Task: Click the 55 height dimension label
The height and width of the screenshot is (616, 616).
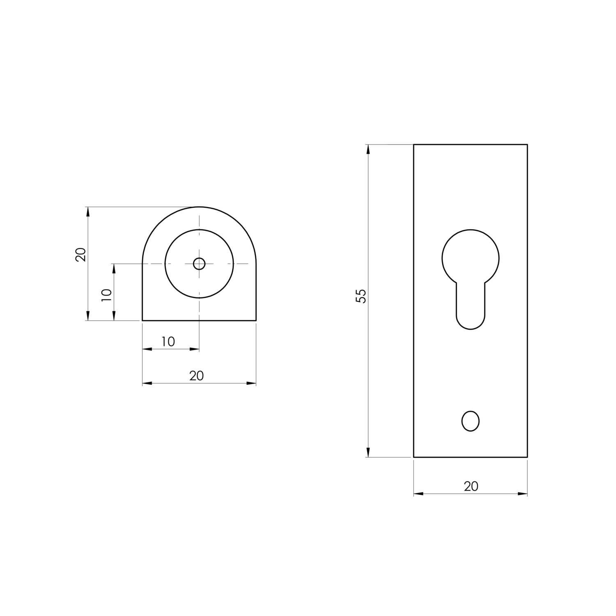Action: click(361, 296)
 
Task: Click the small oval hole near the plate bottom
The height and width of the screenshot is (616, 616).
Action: click(471, 421)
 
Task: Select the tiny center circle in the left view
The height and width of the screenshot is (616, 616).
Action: click(199, 264)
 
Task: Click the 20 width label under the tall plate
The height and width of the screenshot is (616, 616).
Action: click(471, 486)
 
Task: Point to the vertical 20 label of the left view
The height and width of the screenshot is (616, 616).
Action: click(81, 255)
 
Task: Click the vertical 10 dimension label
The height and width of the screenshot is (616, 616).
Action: click(106, 295)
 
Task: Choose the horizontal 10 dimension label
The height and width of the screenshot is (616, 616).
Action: click(168, 342)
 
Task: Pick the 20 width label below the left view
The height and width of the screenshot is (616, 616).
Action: click(197, 376)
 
